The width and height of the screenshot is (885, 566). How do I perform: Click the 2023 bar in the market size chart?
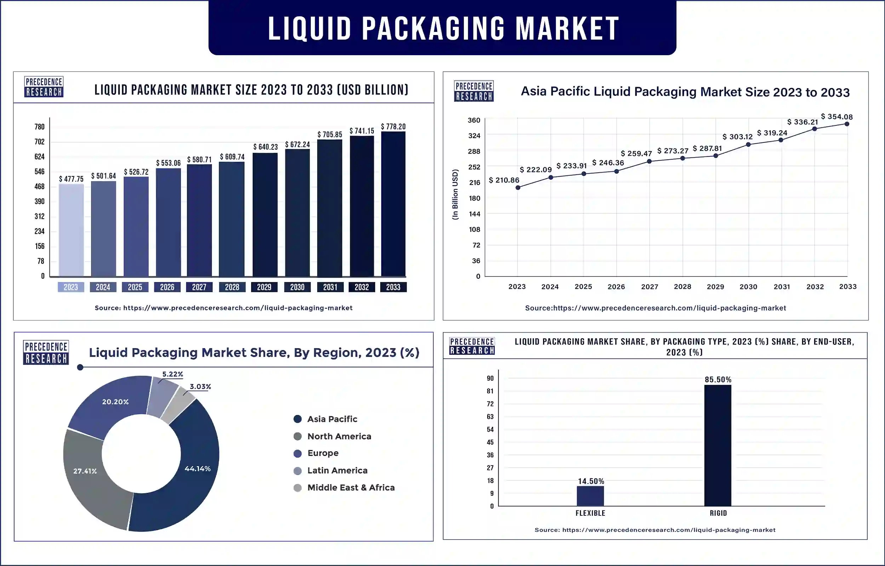click(71, 230)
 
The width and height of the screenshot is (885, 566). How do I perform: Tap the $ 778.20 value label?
click(393, 126)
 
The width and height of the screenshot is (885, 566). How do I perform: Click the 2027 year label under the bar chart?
click(199, 287)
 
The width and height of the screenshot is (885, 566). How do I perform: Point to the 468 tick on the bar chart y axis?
click(39, 186)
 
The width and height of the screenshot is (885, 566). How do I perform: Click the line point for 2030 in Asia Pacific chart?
click(748, 144)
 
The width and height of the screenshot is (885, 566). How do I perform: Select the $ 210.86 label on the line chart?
click(504, 180)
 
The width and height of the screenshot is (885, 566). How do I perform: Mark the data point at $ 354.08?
click(847, 124)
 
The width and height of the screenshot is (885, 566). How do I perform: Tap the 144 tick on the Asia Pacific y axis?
click(474, 214)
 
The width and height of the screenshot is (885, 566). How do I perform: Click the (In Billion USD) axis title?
click(455, 195)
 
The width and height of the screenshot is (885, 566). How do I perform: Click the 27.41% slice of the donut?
click(88, 474)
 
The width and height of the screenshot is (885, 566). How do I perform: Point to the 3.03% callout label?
click(200, 387)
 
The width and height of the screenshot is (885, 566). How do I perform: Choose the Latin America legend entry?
click(337, 470)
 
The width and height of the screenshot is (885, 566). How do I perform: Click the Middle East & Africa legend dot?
click(298, 488)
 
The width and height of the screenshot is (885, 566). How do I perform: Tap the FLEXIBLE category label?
click(590, 513)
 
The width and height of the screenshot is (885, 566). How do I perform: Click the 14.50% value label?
click(591, 481)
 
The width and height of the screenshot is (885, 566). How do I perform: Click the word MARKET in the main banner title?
click(567, 28)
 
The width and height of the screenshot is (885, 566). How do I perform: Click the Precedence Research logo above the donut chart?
click(46, 352)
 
